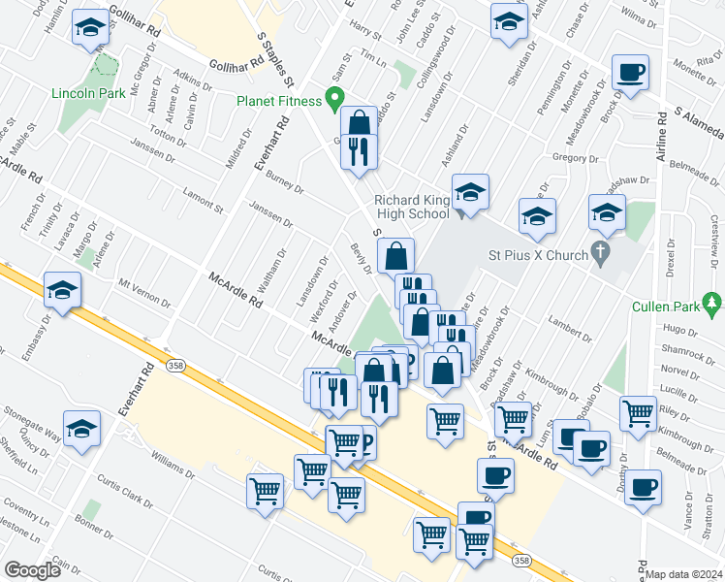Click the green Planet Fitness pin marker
coord(335,98)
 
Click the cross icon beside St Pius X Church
coord(601,255)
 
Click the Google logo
coord(32,570)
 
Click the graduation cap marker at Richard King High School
coord(470,191)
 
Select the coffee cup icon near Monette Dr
coord(631,73)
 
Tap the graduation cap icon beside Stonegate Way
coord(82,427)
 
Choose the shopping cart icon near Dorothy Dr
coord(639,412)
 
